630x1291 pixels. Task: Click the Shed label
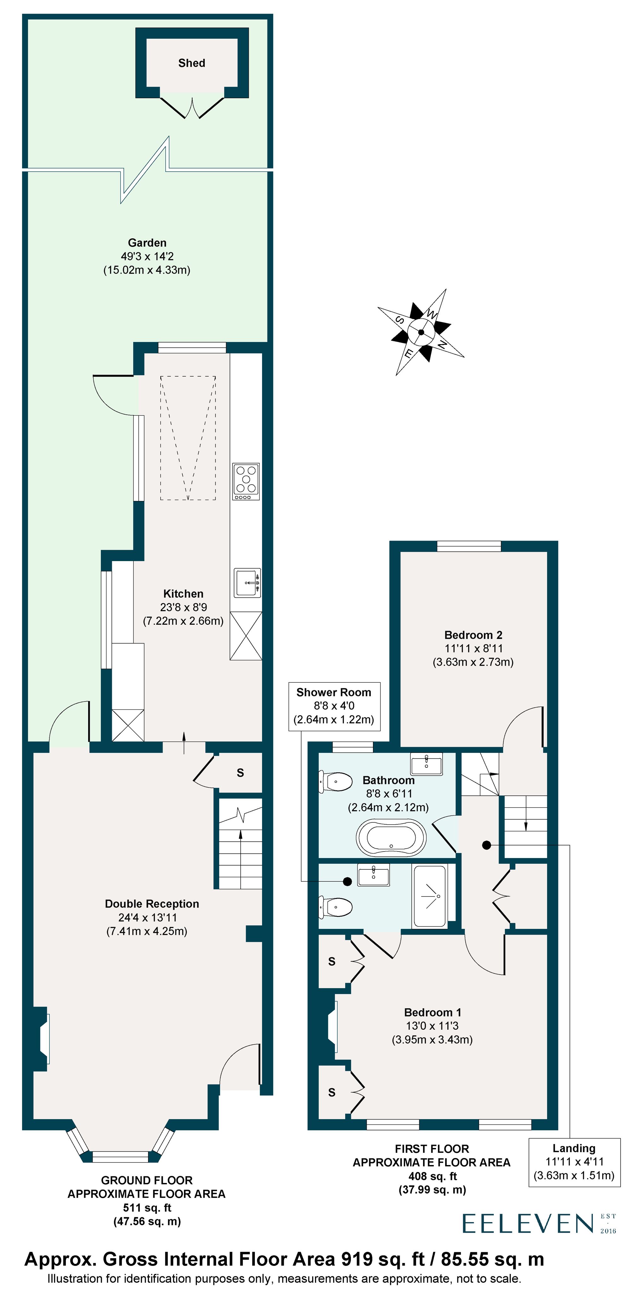[x=192, y=63]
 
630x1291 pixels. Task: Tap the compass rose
[x=421, y=332]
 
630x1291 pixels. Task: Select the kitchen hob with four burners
[x=246, y=481]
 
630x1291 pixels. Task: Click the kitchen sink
[x=247, y=582]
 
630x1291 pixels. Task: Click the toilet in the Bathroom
[x=336, y=781]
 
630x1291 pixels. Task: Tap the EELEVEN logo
[x=528, y=1223]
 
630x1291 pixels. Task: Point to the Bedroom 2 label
[x=473, y=635]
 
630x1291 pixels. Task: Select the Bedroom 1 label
[x=432, y=1012]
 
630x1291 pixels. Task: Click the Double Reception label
[x=152, y=904]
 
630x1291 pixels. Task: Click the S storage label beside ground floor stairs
[x=240, y=773]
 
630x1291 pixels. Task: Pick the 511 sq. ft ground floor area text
[x=147, y=1208]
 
